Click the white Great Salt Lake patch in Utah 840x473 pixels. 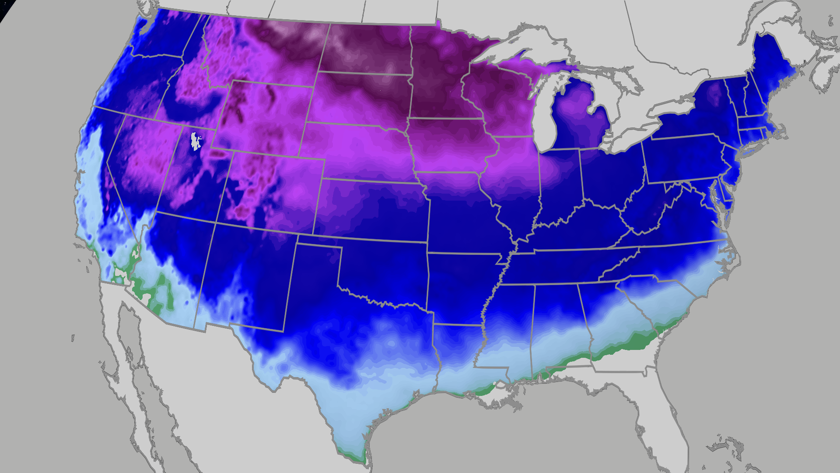click(195, 141)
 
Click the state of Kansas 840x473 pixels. click(372, 210)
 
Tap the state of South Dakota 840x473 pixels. click(363, 99)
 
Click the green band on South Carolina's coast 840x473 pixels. click(643, 339)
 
